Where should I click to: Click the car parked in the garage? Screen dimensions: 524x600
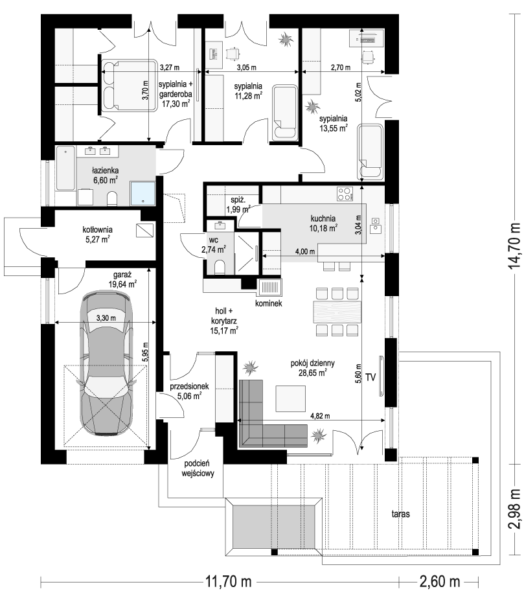[x=106, y=363]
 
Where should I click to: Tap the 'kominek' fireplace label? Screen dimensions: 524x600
[x=269, y=303]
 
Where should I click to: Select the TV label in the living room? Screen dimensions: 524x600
[x=370, y=377]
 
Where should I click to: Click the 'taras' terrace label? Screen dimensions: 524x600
[x=400, y=514]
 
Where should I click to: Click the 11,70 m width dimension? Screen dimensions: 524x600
[x=229, y=582]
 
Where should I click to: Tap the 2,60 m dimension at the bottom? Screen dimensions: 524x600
[x=439, y=582]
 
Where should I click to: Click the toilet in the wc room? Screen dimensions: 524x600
[x=220, y=267]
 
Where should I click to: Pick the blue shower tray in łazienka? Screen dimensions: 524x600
[x=143, y=193]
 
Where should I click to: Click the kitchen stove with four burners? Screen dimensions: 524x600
[x=345, y=193]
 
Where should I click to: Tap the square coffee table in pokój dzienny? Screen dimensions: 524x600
[x=290, y=398]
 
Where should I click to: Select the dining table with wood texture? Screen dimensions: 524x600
[x=337, y=312]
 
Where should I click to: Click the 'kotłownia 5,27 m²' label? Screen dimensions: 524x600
[x=98, y=235]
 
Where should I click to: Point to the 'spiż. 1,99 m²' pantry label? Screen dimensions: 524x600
[x=238, y=205]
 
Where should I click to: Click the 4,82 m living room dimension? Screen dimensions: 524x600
[x=320, y=416]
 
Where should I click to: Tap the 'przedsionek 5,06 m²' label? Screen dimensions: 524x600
[x=189, y=391]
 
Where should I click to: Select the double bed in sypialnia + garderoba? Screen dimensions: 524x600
[x=129, y=86]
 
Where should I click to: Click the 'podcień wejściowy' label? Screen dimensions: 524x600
[x=197, y=468]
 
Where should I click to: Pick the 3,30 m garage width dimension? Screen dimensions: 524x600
[x=106, y=317]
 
